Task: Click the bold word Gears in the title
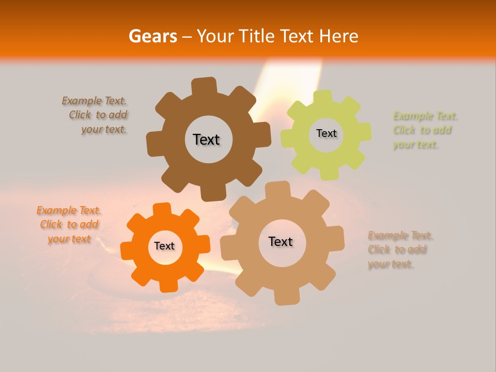152,36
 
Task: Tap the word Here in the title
339,36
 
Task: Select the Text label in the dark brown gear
207,139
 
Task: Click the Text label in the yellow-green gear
326,133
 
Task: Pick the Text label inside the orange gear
164,246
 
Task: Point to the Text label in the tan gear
281,242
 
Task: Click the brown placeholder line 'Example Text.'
94,101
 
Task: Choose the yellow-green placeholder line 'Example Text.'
425,116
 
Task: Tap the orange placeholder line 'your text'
69,239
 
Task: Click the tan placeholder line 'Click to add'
397,250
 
